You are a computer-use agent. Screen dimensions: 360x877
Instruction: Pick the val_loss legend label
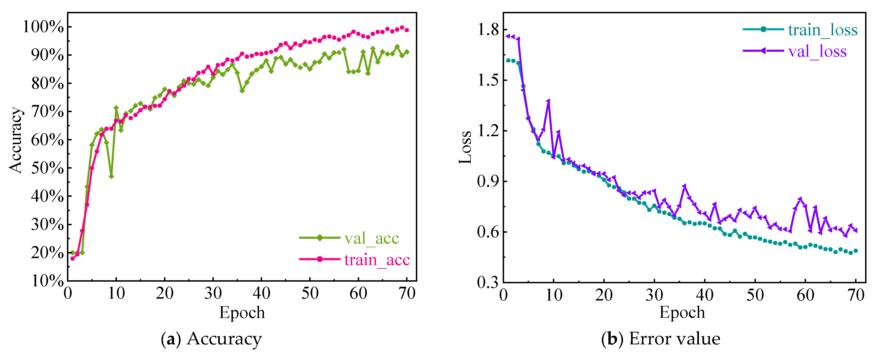click(x=817, y=51)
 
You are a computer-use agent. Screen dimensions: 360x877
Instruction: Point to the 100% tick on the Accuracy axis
click(x=43, y=27)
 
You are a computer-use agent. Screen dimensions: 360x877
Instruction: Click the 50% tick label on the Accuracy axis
click(x=47, y=168)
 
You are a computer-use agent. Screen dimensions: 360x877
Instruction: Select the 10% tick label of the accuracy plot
click(x=47, y=281)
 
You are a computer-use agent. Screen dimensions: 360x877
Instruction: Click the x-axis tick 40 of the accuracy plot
click(x=261, y=293)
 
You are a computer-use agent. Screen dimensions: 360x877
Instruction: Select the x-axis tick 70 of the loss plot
click(x=855, y=295)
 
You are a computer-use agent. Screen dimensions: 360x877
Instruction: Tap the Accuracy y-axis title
click(x=16, y=140)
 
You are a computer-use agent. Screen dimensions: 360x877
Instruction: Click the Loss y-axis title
click(x=465, y=147)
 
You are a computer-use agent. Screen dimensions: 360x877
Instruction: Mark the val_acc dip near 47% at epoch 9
click(x=111, y=176)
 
